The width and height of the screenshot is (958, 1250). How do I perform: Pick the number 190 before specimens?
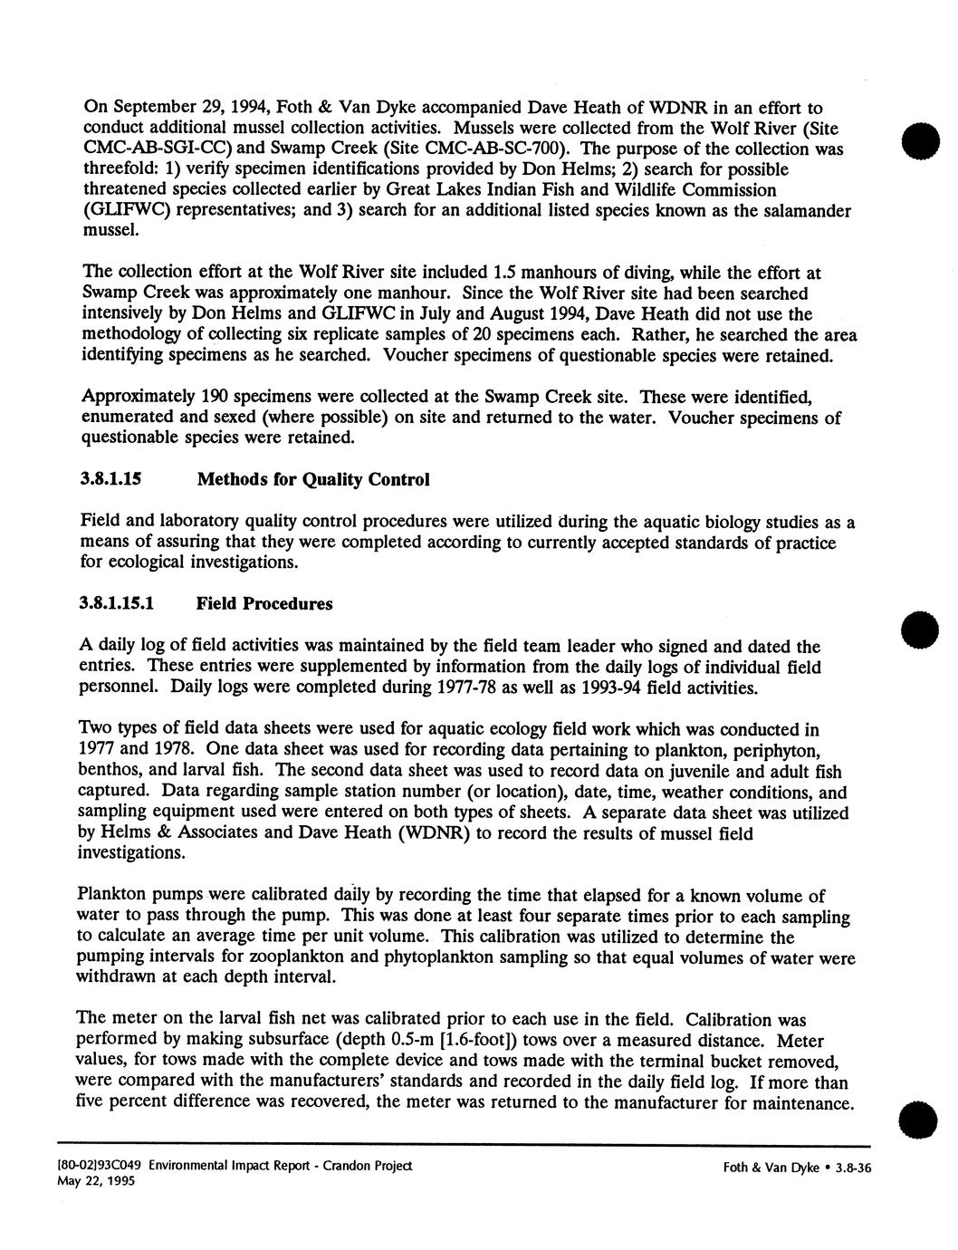click(x=221, y=397)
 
